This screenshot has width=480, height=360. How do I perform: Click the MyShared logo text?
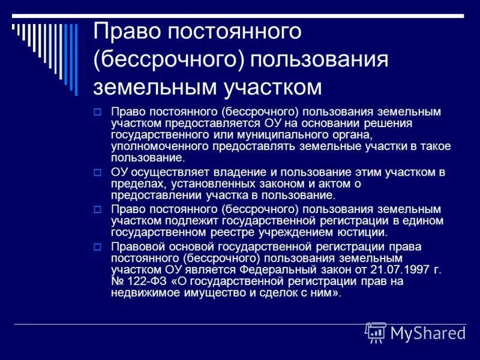click(x=427, y=333)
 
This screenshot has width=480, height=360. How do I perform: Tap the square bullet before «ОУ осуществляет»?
click(x=98, y=173)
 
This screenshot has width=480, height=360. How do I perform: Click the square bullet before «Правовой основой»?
click(x=98, y=247)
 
